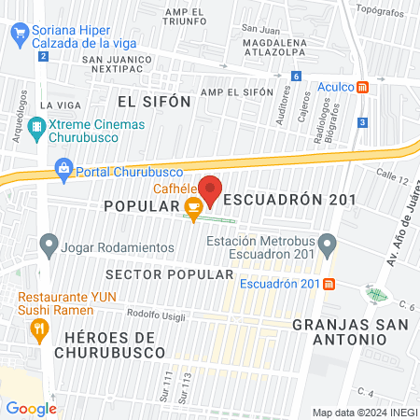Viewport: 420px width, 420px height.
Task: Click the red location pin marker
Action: click(x=211, y=189)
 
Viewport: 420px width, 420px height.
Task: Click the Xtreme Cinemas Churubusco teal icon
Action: click(x=35, y=126)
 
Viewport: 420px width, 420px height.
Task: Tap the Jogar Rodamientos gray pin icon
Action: click(x=49, y=246)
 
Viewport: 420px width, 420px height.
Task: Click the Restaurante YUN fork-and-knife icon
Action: click(x=39, y=328)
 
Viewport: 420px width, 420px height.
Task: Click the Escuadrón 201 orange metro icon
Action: click(x=329, y=284)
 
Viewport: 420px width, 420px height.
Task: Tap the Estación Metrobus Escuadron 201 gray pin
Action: click(x=327, y=245)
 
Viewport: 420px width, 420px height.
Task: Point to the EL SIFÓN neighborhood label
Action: click(x=154, y=100)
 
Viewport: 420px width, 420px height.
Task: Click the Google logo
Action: click(x=31, y=408)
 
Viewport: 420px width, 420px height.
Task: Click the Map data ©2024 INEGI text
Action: click(x=364, y=413)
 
